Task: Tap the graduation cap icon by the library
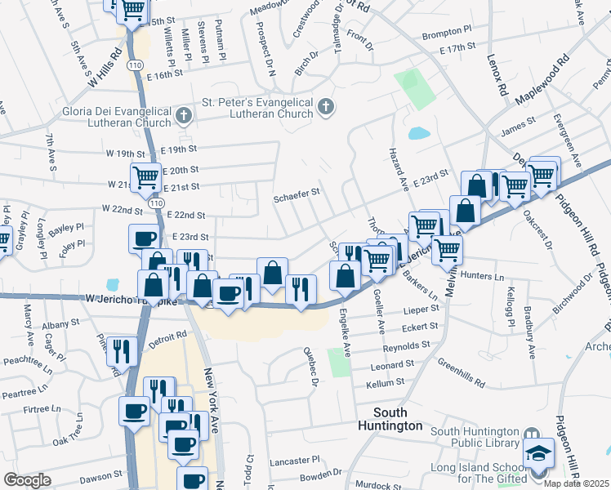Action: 539,453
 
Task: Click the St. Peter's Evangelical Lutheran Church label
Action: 257,108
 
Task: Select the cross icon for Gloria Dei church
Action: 182,116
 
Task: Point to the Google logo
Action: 28,480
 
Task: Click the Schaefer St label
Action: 297,195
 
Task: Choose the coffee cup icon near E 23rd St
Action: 145,238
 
